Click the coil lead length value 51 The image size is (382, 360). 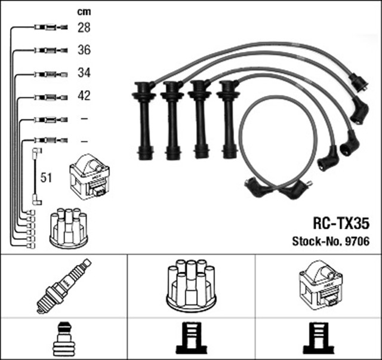(x=45, y=177)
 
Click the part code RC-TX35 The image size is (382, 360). (x=341, y=224)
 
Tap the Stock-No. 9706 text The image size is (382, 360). (x=331, y=242)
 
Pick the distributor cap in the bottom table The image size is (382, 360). (x=191, y=285)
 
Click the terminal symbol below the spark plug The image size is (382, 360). (x=64, y=339)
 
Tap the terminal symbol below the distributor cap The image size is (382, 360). (x=191, y=339)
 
